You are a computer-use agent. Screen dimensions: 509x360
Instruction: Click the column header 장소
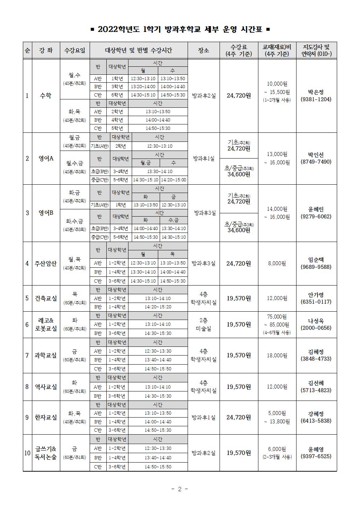tap(203, 50)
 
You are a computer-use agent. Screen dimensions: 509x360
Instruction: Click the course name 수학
tap(46, 96)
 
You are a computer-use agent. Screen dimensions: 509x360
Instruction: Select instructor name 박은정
tap(316, 92)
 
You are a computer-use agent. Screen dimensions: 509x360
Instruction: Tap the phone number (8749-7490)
tap(316, 162)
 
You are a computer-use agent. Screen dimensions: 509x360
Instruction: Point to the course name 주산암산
tap(46, 263)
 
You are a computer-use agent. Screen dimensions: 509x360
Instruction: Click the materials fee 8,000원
tap(277, 263)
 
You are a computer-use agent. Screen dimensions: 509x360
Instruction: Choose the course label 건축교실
tap(46, 298)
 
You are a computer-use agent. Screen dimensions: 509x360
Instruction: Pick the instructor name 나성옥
tap(316, 321)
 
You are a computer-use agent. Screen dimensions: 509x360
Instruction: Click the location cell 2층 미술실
tap(203, 324)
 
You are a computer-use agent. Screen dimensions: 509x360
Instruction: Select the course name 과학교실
tap(46, 356)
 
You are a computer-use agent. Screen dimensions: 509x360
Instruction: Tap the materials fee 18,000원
tap(277, 356)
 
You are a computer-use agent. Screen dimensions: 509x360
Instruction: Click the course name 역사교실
tap(46, 387)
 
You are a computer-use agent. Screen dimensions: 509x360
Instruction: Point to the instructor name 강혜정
tap(316, 414)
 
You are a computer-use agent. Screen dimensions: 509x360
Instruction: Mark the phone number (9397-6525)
tap(316, 456)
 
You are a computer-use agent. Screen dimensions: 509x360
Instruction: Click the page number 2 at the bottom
tap(180, 489)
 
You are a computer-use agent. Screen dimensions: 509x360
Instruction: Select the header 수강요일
tap(75, 50)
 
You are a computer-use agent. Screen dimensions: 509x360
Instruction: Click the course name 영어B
tap(46, 213)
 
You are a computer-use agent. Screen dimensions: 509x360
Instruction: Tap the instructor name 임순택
tap(316, 260)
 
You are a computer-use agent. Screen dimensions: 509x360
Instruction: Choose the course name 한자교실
tap(46, 418)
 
